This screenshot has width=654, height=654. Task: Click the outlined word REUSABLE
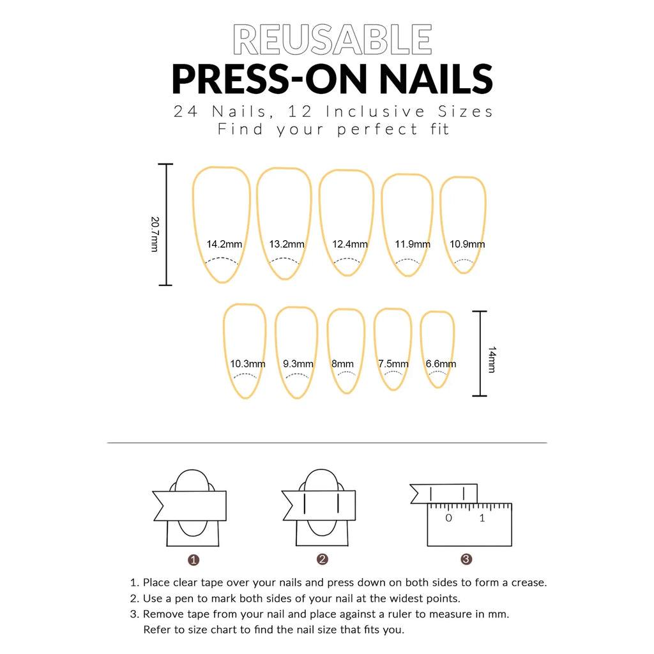pyautogui.click(x=332, y=40)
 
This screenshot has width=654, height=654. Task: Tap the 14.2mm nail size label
pyautogui.click(x=224, y=244)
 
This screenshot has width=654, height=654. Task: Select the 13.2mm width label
pyautogui.click(x=287, y=244)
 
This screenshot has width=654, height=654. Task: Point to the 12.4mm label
pyautogui.click(x=349, y=244)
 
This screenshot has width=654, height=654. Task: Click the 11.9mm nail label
pyautogui.click(x=412, y=244)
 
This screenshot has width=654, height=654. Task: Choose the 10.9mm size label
pyautogui.click(x=467, y=244)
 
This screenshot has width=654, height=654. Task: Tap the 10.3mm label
pyautogui.click(x=248, y=364)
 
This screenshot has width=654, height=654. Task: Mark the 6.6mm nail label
pyautogui.click(x=441, y=364)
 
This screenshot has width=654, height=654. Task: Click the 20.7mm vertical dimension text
pyautogui.click(x=155, y=234)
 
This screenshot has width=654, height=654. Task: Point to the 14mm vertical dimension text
pyautogui.click(x=492, y=360)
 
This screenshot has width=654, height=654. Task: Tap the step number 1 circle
pyautogui.click(x=194, y=560)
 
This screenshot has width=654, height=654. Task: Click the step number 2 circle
pyautogui.click(x=323, y=559)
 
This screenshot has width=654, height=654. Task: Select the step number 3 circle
pyautogui.click(x=466, y=559)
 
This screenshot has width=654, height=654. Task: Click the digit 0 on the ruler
pyautogui.click(x=448, y=518)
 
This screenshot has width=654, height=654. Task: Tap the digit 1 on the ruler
pyautogui.click(x=482, y=518)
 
